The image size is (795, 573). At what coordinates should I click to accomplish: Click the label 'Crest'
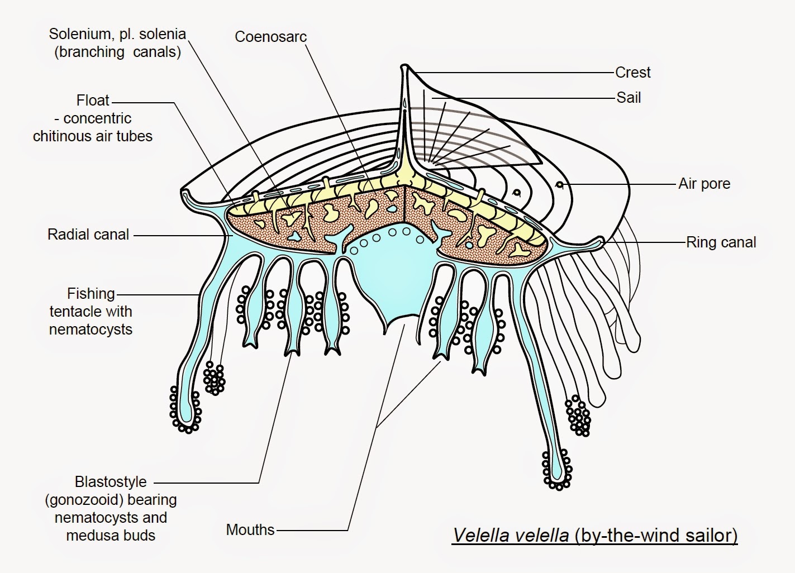pyautogui.click(x=632, y=73)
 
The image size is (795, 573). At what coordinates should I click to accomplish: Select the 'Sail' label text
pyautogui.click(x=629, y=98)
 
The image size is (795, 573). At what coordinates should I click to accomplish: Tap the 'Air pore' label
pyautogui.click(x=704, y=184)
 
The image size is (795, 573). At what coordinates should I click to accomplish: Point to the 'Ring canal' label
pyautogui.click(x=721, y=242)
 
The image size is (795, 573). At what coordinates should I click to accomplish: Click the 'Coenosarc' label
pyautogui.click(x=270, y=37)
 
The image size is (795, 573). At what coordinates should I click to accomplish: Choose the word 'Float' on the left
pyautogui.click(x=93, y=101)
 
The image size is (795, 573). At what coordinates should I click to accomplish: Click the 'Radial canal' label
pyautogui.click(x=88, y=235)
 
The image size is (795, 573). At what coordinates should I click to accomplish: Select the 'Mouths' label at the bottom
pyautogui.click(x=250, y=529)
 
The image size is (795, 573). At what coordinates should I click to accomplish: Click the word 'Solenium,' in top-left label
pyautogui.click(x=82, y=34)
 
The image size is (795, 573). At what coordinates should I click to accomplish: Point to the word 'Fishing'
pyautogui.click(x=91, y=294)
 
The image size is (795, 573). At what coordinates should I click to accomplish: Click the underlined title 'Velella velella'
pyautogui.click(x=511, y=535)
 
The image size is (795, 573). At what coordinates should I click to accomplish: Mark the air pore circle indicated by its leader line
pyautogui.click(x=559, y=184)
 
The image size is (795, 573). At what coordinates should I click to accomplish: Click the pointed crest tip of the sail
pyautogui.click(x=404, y=68)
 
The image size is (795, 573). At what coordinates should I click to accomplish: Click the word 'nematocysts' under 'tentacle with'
pyautogui.click(x=91, y=330)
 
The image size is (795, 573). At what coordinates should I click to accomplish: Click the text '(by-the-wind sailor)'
pyautogui.click(x=655, y=535)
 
